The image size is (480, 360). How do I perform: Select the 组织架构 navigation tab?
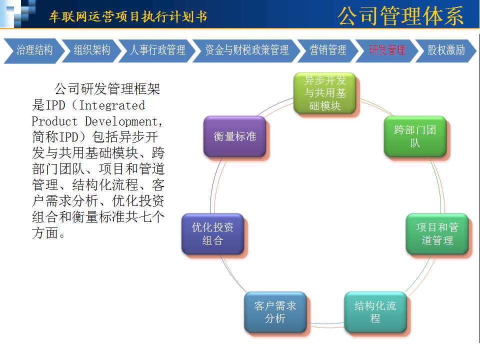click(x=91, y=50)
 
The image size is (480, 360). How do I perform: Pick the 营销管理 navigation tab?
click(x=328, y=50)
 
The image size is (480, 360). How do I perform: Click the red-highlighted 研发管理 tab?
click(x=387, y=50)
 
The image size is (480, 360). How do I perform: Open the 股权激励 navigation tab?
click(x=445, y=50)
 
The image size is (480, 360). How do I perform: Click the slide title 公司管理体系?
click(x=400, y=16)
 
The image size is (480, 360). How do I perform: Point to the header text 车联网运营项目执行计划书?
click(x=128, y=16)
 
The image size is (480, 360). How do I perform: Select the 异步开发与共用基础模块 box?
click(x=325, y=93)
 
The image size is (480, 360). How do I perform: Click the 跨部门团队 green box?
click(x=415, y=136)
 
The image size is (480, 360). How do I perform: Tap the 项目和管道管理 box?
click(x=437, y=234)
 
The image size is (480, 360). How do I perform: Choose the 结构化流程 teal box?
click(x=375, y=312)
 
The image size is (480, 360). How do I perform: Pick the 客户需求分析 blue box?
click(x=275, y=312)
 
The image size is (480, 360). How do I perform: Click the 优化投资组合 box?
click(x=213, y=234)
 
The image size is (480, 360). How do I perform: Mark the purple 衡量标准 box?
click(x=235, y=136)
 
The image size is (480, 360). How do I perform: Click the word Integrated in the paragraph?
click(x=112, y=105)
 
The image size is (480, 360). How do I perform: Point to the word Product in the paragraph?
click(x=54, y=121)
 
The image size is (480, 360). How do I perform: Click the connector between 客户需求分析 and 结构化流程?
click(x=325, y=323)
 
